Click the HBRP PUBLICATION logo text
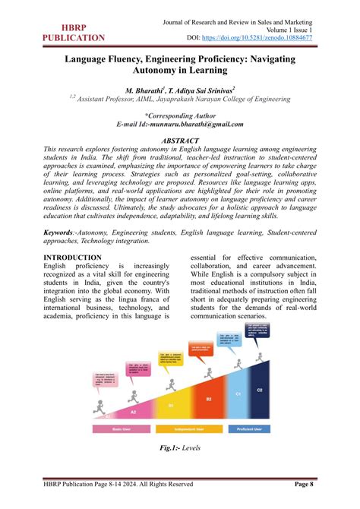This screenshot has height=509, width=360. (74, 31)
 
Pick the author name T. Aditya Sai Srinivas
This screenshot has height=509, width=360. (201, 89)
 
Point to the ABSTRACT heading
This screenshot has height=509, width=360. (180, 141)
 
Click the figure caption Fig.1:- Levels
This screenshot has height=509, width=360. (180, 450)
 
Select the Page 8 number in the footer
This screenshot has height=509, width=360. (309, 484)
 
